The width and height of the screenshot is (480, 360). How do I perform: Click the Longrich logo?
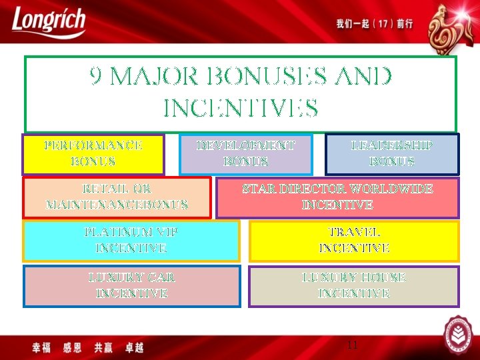coord(48,22)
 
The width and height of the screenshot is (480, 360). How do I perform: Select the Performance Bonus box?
coord(93,154)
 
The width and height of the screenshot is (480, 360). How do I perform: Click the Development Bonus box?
coord(246,154)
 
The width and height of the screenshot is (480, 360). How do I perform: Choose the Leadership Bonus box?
coord(392,154)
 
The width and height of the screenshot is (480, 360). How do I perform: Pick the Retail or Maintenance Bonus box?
coord(117,197)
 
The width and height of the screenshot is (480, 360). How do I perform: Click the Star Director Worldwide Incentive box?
coord(337,197)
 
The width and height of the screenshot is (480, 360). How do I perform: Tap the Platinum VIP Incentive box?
coord(131,241)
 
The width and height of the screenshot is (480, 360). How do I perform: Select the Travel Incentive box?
coord(354,241)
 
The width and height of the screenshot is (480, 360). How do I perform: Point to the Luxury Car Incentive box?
coord(132,286)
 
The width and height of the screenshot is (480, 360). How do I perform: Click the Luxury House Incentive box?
coord(354,286)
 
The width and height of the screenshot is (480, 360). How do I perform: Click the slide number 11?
coord(353,345)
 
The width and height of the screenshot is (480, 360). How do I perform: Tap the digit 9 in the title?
coord(96,78)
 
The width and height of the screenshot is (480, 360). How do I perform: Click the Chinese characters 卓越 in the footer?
coord(134,347)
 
